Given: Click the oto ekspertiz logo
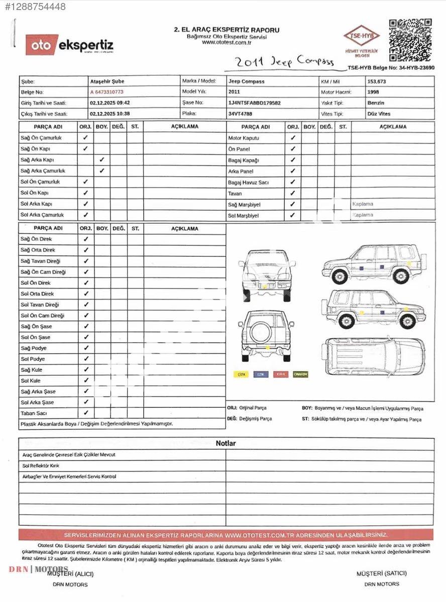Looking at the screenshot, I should (x=70, y=45).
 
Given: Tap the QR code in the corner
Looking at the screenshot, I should (x=410, y=40).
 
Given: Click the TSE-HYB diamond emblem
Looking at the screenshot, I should (x=361, y=37).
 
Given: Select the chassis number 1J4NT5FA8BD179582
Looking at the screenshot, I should (x=254, y=103).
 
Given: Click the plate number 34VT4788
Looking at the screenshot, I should (x=240, y=114).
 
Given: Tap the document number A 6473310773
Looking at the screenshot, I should (x=106, y=92).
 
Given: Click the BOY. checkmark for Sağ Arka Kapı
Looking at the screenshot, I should (x=102, y=160).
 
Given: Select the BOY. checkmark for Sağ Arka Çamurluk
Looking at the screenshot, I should (x=102, y=171).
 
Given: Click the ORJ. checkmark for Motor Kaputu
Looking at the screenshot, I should (x=293, y=137).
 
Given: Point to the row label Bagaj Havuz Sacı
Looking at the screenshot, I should (x=248, y=183).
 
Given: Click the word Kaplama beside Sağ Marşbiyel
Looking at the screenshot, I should (x=363, y=204).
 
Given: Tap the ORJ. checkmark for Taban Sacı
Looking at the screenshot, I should (x=86, y=413).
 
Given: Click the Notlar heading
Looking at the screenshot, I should (x=226, y=443).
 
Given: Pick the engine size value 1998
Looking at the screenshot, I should (x=373, y=92).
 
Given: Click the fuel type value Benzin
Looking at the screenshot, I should (x=376, y=103).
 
